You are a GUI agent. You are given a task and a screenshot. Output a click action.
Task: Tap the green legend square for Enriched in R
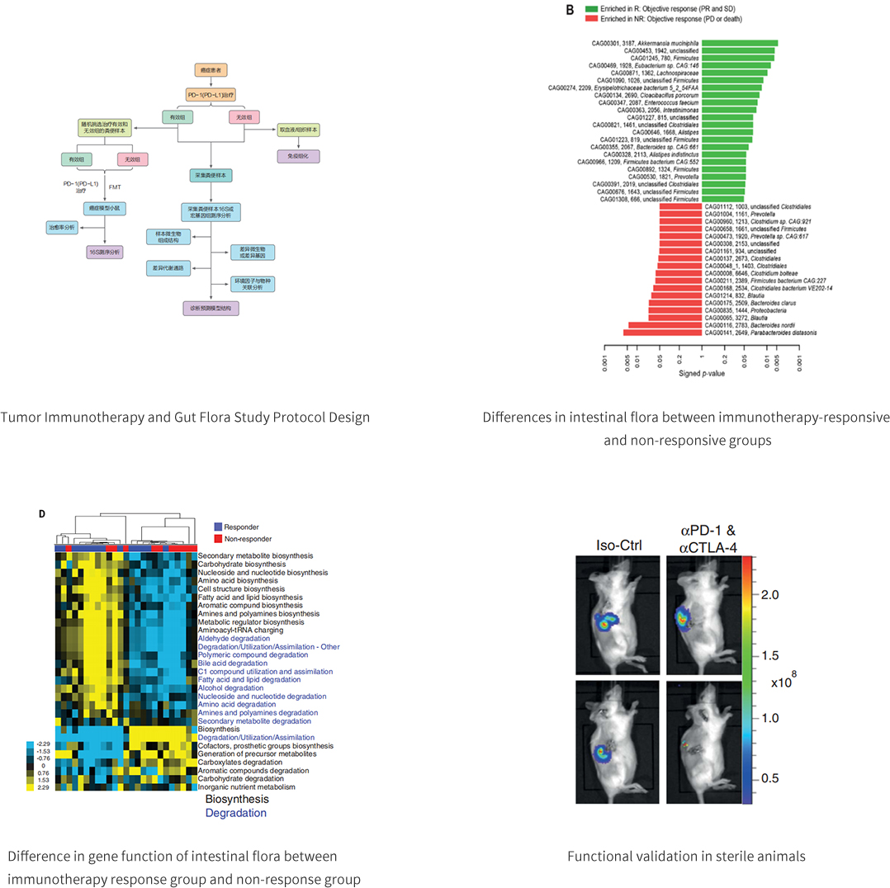[x=591, y=8]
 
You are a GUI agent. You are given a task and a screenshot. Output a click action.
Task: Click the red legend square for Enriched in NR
[x=591, y=17]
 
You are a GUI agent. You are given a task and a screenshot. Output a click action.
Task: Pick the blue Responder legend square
[x=218, y=526]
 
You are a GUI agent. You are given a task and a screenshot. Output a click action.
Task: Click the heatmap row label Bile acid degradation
[x=233, y=663]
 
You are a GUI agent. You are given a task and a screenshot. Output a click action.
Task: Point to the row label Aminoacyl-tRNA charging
[x=239, y=630]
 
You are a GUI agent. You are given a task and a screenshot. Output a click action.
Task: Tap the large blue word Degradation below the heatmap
[x=236, y=813]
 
